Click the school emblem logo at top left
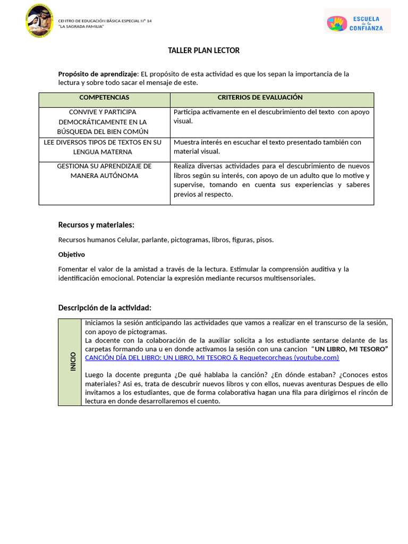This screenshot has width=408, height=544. coord(39,21)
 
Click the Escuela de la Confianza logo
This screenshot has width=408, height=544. coord(357,21)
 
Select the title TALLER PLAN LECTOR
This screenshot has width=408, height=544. coord(204,50)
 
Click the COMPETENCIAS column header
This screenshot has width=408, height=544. coord(104,98)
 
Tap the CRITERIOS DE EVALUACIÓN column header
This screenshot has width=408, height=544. coord(260,98)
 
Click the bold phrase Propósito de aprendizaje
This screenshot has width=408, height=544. coord(98,74)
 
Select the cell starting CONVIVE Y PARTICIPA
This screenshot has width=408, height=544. coord(104,122)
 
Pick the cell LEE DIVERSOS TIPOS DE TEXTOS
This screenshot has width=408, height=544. coord(104,147)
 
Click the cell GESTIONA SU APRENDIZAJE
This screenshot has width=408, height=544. coord(104,171)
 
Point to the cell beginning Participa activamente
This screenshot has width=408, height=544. coord(271,116)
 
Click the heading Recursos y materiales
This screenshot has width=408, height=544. coord(96,225)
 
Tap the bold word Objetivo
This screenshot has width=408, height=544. coord(71,254)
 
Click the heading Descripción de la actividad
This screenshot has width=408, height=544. coord(105,308)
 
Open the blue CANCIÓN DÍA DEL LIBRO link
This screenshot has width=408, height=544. coord(211,358)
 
